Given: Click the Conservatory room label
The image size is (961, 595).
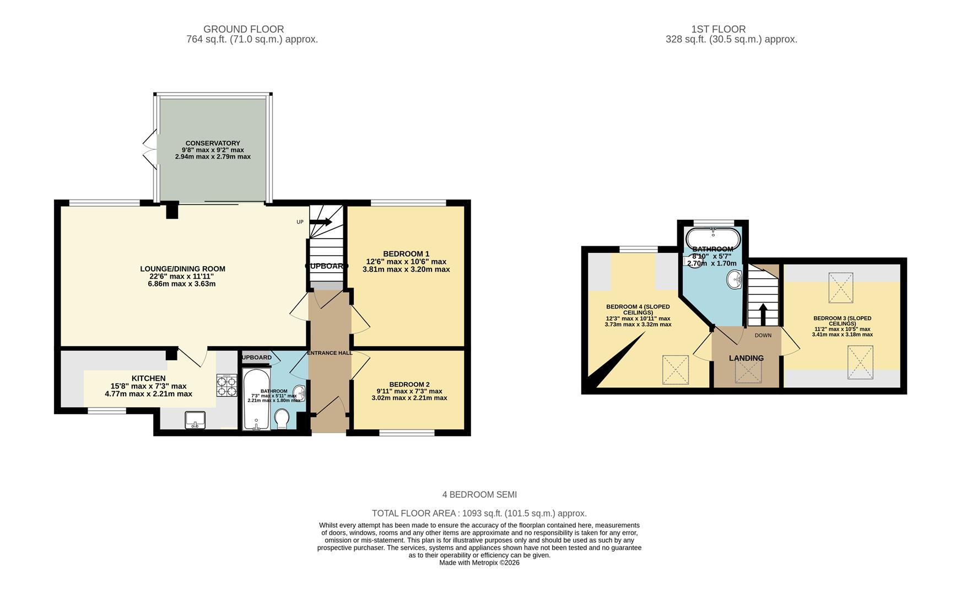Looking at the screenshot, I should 213,143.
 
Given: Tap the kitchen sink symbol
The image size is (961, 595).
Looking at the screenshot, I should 195,420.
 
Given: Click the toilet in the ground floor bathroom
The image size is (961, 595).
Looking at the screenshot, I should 282,418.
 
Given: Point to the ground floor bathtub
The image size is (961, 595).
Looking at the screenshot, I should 256,399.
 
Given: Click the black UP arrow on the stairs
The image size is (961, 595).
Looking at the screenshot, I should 321,222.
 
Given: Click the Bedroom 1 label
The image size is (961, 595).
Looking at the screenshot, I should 406,254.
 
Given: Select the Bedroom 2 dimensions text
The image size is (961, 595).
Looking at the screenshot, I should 409,394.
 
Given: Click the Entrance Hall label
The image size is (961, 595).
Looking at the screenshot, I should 330,353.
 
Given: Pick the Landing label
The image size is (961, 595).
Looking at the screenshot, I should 746,358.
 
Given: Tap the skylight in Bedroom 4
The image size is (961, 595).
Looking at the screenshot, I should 675,369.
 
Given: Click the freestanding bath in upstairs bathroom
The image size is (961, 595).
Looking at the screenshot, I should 713,239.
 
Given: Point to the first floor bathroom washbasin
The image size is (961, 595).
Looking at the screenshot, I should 735,280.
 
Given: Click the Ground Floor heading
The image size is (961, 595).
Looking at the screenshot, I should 244,29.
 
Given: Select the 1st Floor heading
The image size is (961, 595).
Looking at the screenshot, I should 718,29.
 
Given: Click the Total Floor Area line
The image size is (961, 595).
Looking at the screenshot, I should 479,513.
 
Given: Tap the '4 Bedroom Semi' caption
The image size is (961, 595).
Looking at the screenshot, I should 479,495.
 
